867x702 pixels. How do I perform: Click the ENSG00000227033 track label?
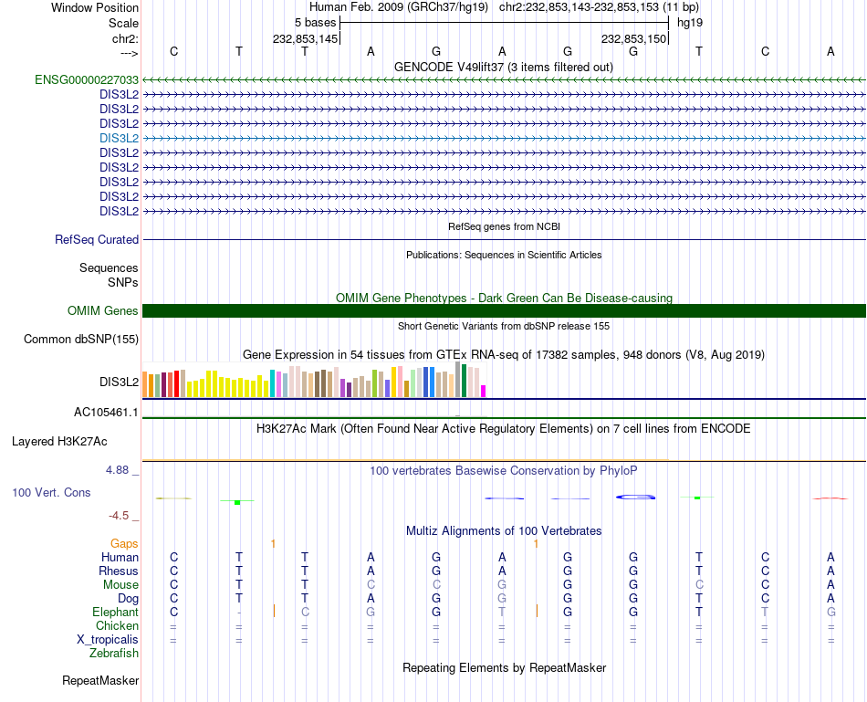pos(87,79)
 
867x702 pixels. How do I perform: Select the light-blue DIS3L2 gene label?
pos(119,138)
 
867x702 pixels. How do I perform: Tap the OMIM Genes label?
pos(103,311)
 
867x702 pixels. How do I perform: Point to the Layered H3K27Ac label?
pos(59,442)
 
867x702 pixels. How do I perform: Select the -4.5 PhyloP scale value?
pos(120,515)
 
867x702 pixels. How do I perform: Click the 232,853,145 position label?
pos(306,39)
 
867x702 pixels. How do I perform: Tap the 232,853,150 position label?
pos(633,39)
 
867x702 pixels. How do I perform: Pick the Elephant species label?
pos(115,613)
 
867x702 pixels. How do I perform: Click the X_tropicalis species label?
pos(108,640)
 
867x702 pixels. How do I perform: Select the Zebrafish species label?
pos(114,654)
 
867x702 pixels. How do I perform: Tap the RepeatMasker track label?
pos(100,681)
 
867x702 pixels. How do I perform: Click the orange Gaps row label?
pos(124,544)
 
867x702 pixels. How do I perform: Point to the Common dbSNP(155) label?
pos(80,340)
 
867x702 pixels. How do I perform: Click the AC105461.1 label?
pos(106,413)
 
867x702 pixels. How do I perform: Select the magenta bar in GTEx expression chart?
pos(484,391)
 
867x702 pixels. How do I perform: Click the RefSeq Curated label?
pos(97,240)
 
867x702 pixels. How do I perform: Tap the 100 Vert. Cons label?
pos(50,493)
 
